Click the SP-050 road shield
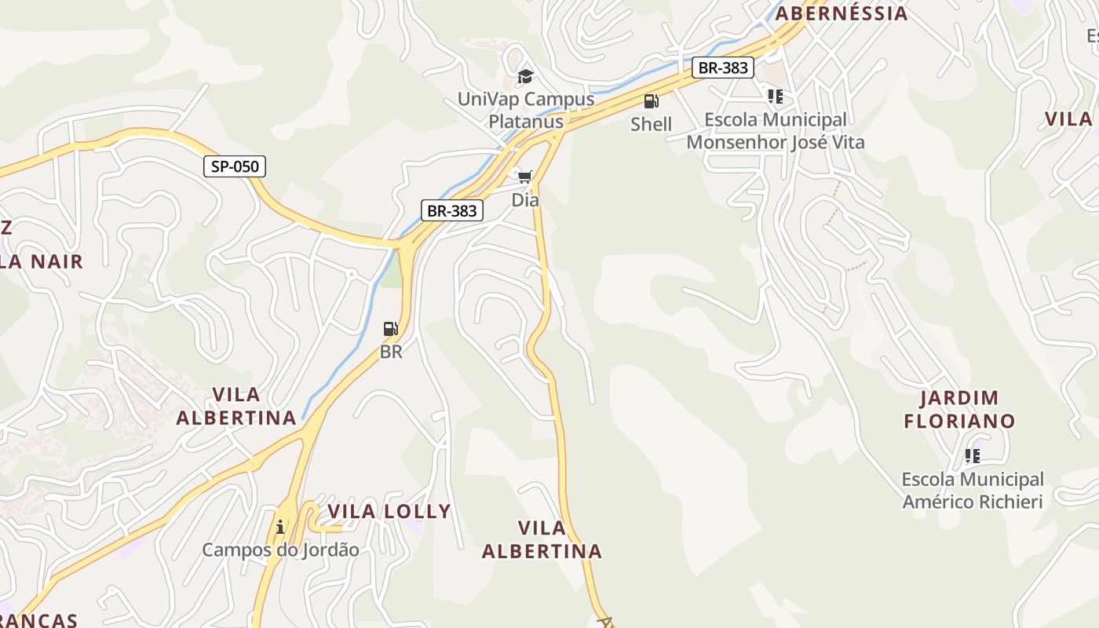coord(235,166)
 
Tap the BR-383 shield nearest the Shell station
coord(723,68)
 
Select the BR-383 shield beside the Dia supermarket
coord(451,210)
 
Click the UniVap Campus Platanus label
coord(526,110)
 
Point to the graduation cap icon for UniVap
coord(525,76)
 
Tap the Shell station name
coord(651,124)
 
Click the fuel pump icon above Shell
coord(651,101)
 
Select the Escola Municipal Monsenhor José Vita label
coord(776,131)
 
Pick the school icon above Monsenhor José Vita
coord(776,97)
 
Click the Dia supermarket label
coord(525,200)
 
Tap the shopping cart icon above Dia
coord(524,177)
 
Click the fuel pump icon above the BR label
coord(391,329)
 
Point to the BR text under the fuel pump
coord(391,352)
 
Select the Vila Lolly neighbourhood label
coord(389,512)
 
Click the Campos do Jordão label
coord(280,549)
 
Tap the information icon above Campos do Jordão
coord(280,526)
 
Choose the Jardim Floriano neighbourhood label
coord(959,409)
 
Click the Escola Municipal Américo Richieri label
coord(973,491)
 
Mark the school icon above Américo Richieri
coord(973,456)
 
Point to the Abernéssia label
coord(842,13)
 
